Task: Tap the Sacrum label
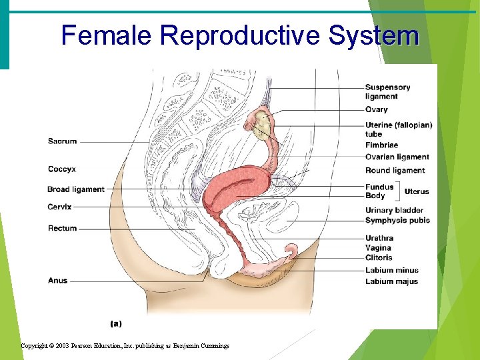click(62, 141)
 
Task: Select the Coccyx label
click(62, 169)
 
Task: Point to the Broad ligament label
click(76, 189)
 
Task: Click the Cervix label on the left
click(59, 207)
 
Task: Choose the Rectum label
click(62, 229)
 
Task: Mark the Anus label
click(57, 281)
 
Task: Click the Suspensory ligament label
click(387, 92)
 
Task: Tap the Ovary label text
click(376, 109)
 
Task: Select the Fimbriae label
click(381, 145)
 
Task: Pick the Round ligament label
click(395, 171)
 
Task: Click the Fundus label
click(379, 187)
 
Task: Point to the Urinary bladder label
click(394, 211)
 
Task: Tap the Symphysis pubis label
click(397, 221)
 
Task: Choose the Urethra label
click(379, 238)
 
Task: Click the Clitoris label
click(379, 257)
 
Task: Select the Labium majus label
click(391, 281)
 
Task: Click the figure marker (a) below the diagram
click(115, 323)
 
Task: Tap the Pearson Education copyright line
click(125, 345)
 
